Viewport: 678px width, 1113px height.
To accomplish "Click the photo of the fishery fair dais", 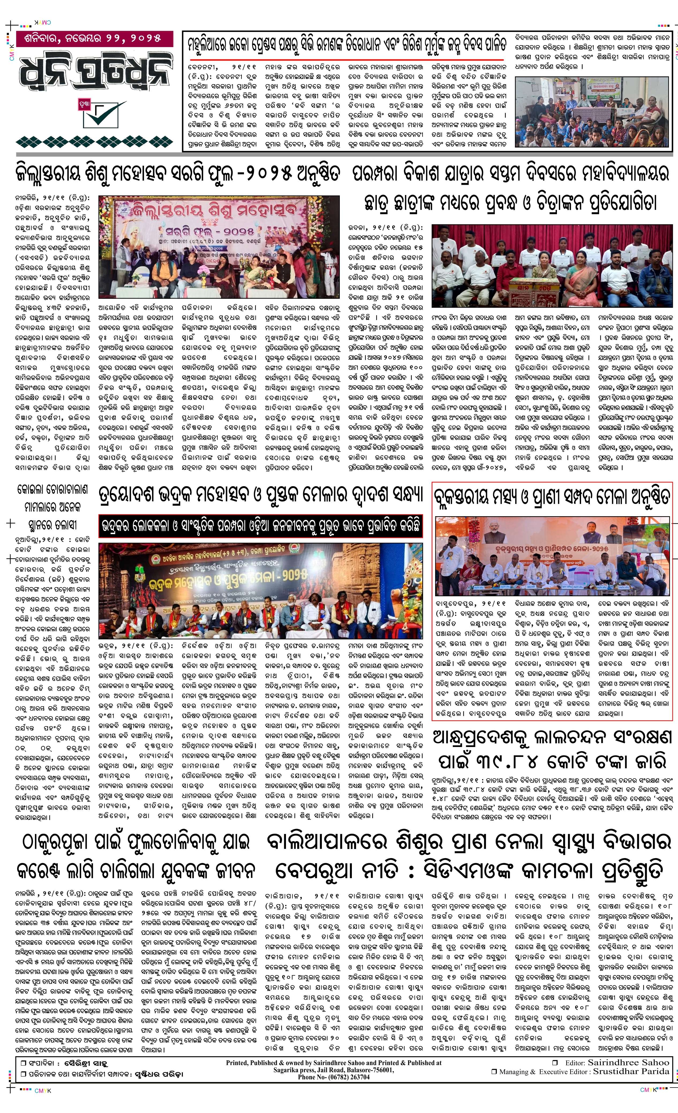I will tap(552, 556).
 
